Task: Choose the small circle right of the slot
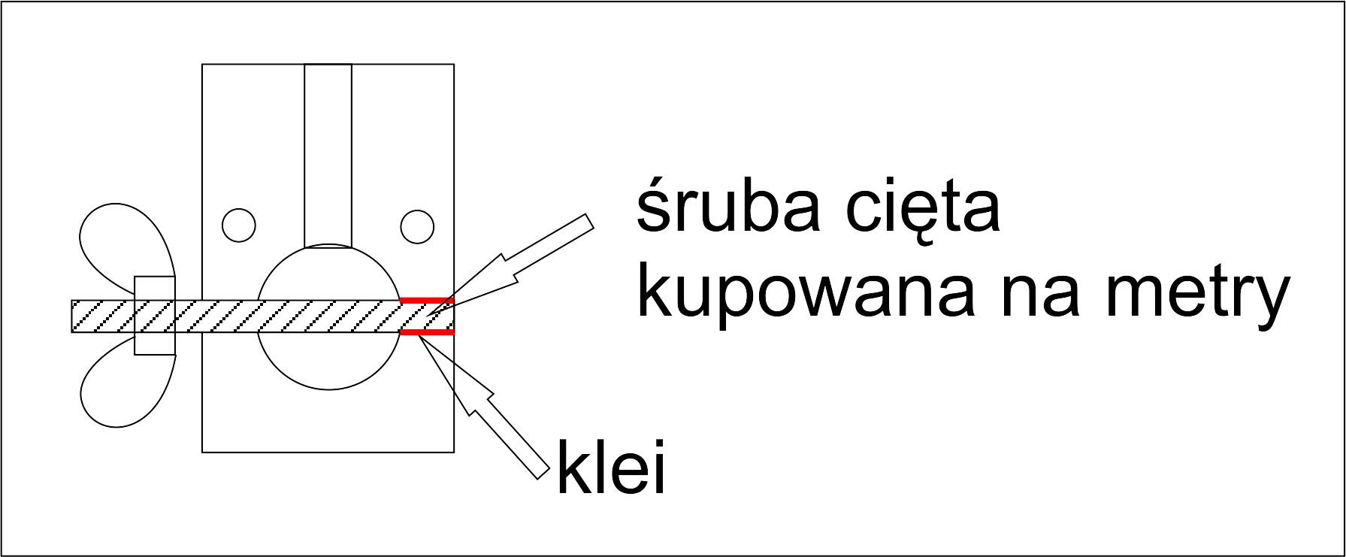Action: (417, 226)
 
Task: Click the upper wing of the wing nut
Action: (124, 244)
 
